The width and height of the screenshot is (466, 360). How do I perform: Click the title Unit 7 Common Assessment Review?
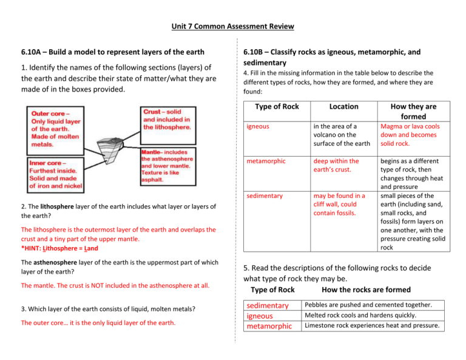(233, 27)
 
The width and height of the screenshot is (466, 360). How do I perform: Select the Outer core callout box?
(55, 128)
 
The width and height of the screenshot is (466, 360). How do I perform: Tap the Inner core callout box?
(55, 173)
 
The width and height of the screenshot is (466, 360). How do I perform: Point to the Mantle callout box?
(168, 166)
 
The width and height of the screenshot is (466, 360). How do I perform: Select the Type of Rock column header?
(277, 106)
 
